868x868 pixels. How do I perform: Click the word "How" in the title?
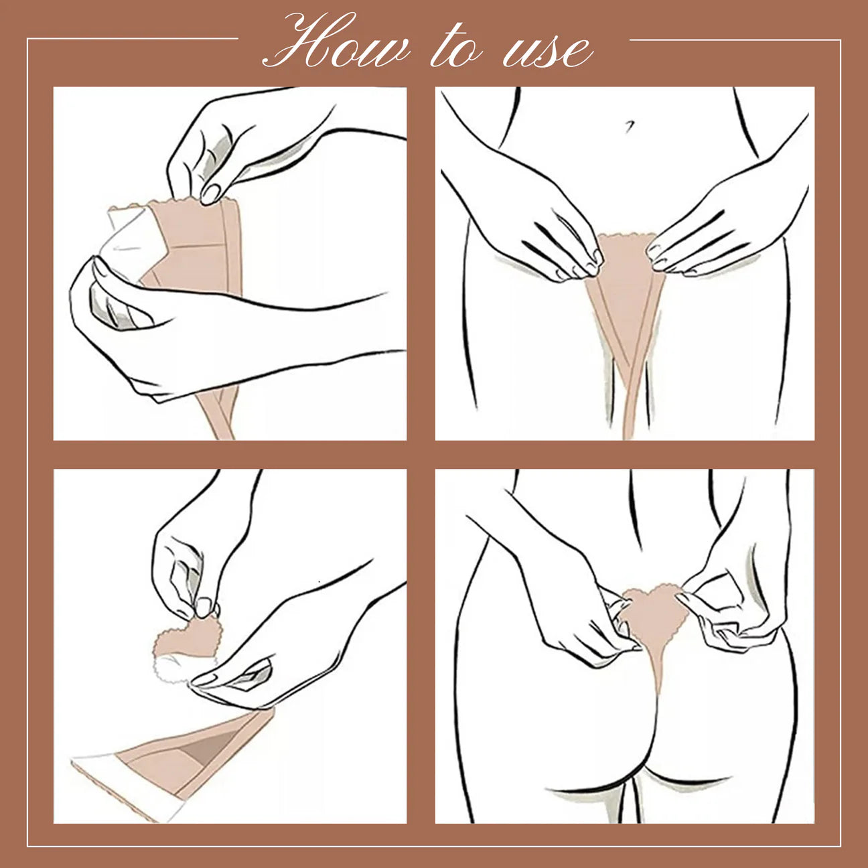[x=336, y=42]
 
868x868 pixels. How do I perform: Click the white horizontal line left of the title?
[x=133, y=39]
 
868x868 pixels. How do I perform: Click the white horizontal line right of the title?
[x=735, y=40]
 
